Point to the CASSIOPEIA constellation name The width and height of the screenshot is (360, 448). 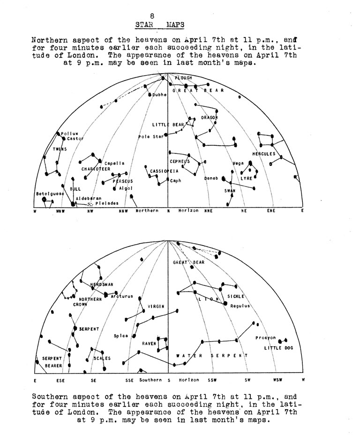165,172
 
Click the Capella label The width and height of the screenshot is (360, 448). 114,163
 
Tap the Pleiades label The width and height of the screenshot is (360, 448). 107,203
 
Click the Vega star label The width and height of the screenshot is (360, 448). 239,163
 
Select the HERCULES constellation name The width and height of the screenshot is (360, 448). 264,154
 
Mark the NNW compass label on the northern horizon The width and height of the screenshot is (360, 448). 123,211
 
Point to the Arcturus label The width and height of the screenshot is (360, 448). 122,296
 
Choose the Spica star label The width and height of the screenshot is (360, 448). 121,336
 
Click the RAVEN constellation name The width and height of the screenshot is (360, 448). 149,343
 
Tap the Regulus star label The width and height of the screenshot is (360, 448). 240,306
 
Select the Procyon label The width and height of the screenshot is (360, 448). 266,338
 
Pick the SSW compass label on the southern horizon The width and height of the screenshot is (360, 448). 213,380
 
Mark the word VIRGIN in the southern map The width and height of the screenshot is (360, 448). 156,306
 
